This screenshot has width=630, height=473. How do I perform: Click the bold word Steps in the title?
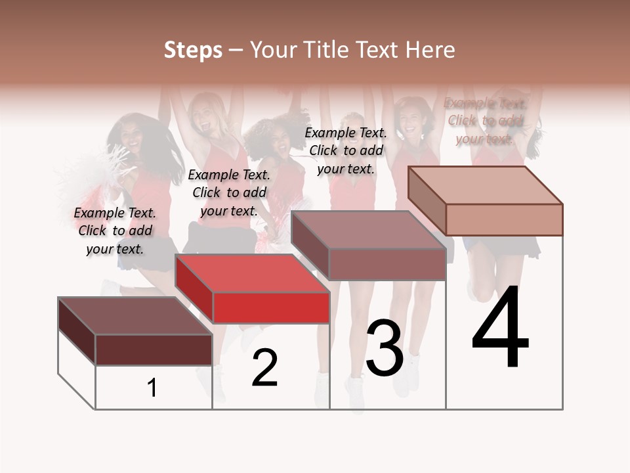pos(193,50)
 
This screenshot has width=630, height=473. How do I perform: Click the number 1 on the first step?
pos(152,388)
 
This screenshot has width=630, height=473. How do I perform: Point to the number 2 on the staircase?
pos(264,368)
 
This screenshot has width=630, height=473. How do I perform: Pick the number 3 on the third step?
pos(385,348)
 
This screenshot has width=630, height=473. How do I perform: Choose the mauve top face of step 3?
pos(367,230)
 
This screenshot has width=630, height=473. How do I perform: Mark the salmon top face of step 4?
pos(486,185)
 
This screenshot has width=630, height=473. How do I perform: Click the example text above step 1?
pos(115,231)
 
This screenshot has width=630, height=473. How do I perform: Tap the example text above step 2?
pos(229,192)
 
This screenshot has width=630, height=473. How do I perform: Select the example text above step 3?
pos(346,150)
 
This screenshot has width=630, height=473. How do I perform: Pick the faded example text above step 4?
pos(486,120)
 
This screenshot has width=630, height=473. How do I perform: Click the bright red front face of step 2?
pos(271,307)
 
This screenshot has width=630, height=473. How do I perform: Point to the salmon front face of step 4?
pos(504,219)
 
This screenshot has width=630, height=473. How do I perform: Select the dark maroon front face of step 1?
pos(154,349)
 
